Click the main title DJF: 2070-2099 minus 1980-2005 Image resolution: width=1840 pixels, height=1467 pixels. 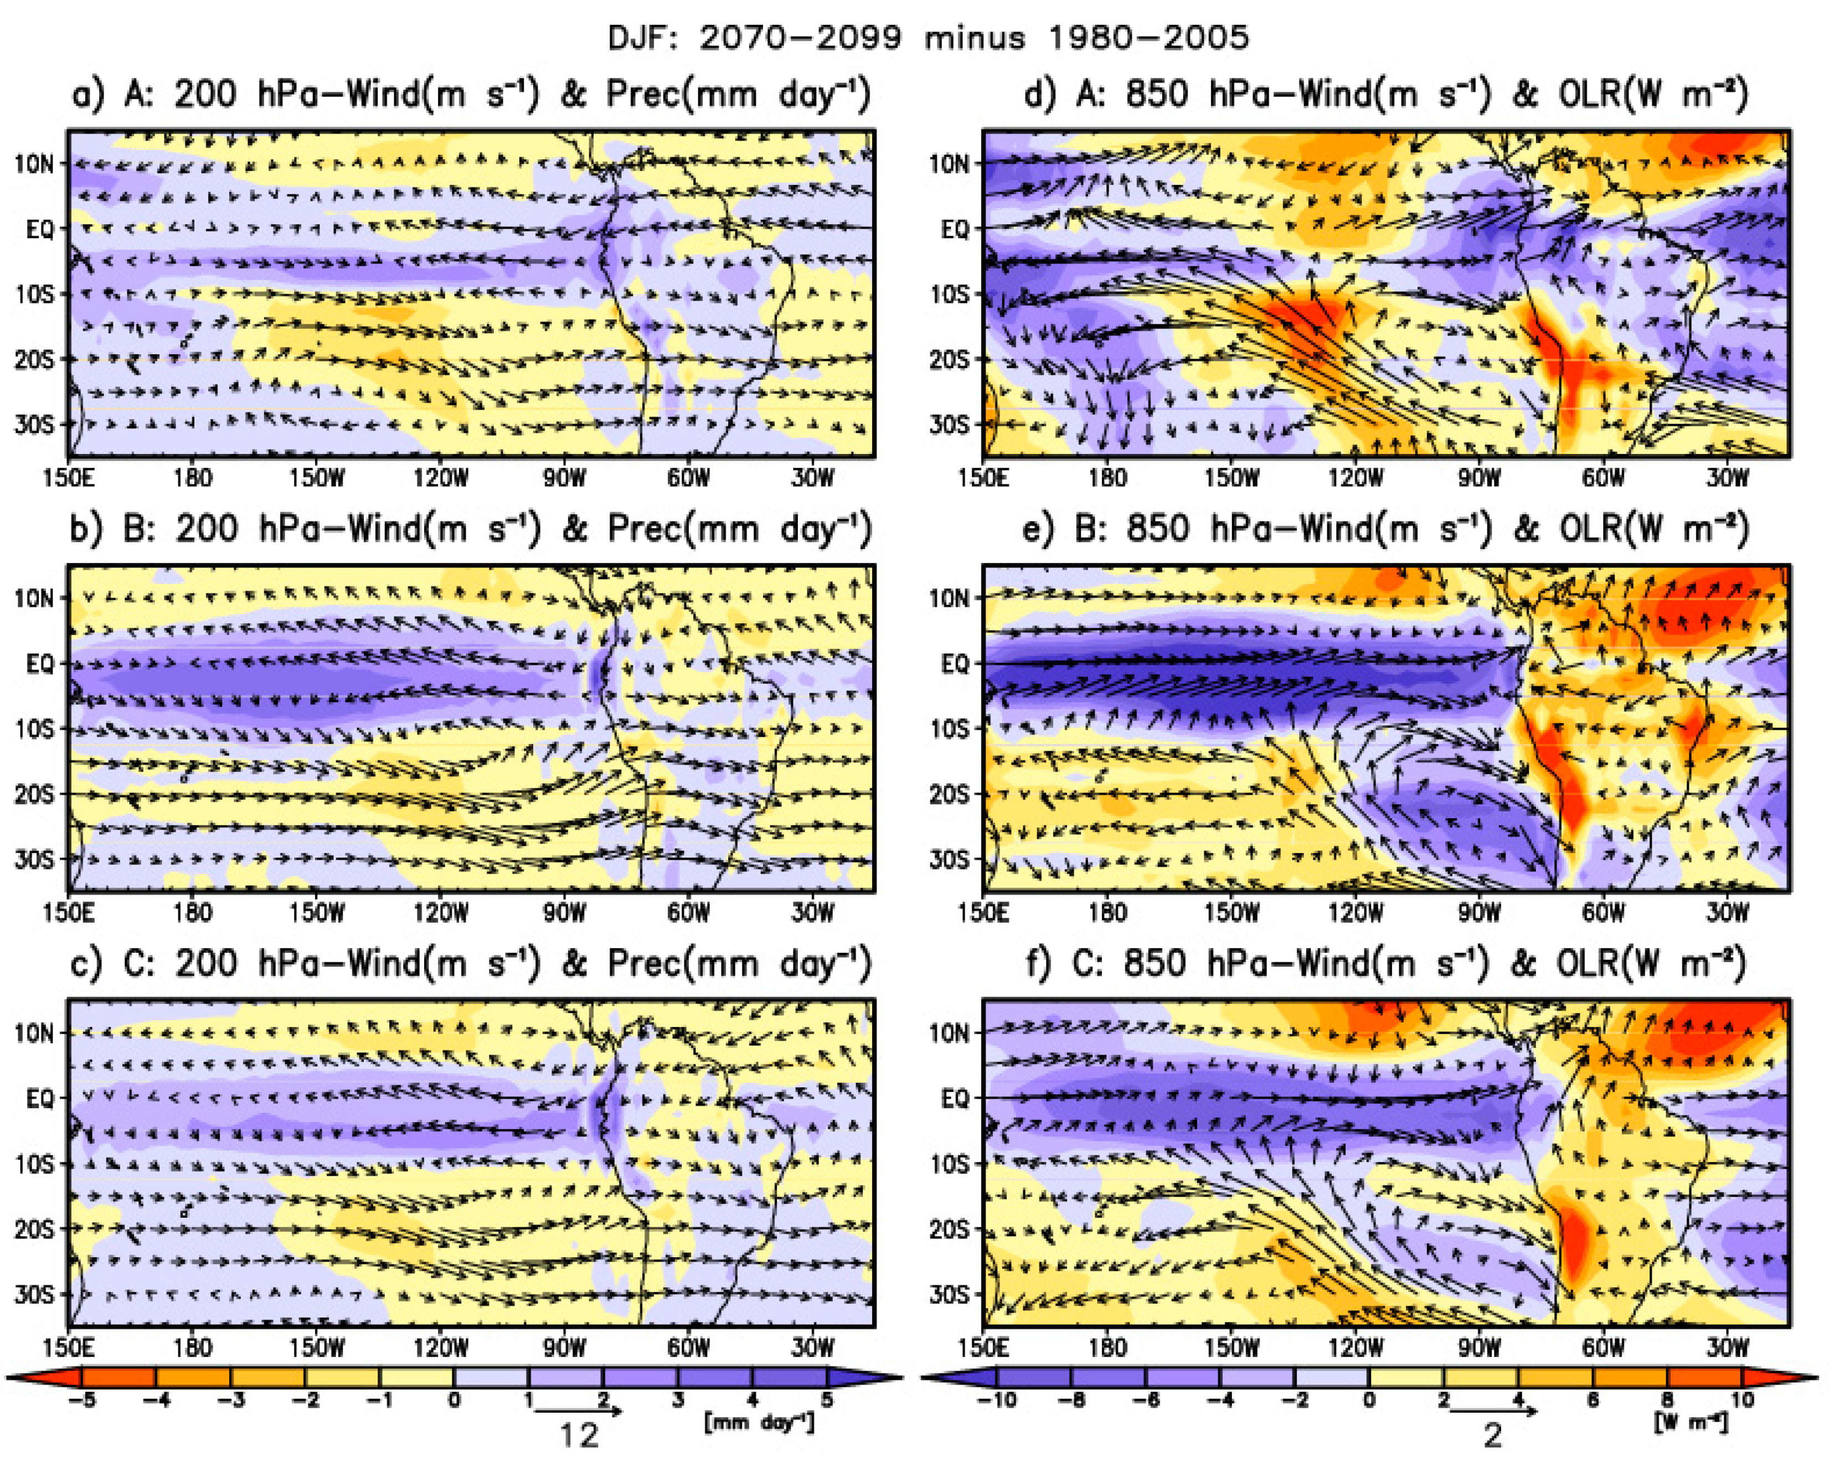(927, 38)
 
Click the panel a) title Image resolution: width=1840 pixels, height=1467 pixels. (471, 94)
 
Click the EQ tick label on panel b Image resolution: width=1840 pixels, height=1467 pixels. (39, 663)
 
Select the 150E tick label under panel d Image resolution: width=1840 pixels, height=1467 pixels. (983, 477)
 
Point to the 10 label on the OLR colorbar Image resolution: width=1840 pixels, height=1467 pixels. (1742, 1401)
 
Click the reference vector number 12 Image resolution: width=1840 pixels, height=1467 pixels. (579, 1437)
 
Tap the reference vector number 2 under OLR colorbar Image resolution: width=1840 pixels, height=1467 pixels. (1492, 1437)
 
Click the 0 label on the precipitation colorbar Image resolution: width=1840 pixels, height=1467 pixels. (454, 1401)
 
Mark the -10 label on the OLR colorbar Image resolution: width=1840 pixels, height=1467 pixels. (995, 1401)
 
